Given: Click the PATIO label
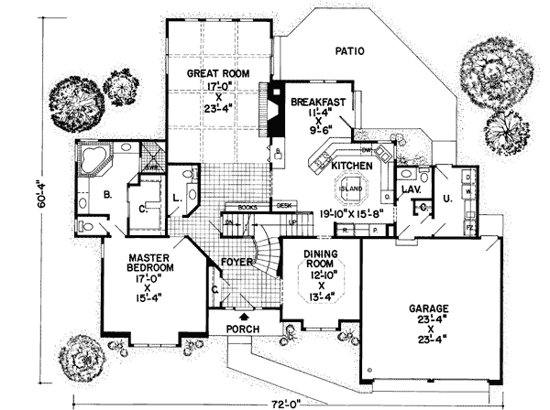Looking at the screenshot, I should click(x=349, y=52).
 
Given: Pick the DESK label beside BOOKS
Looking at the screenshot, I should click(x=284, y=206).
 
